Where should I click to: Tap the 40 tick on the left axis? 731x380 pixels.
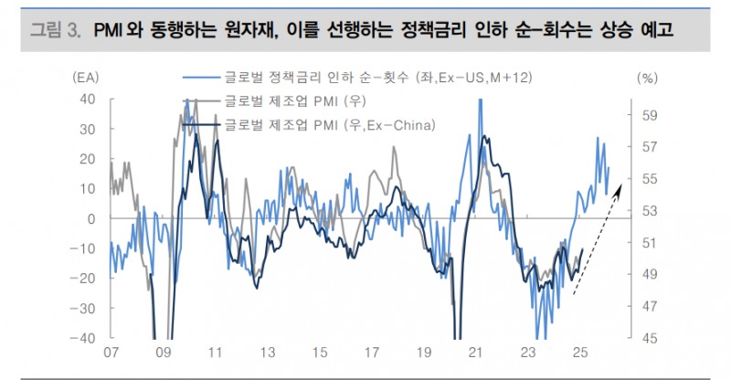(x=89, y=99)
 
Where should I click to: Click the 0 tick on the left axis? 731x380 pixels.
(x=93, y=218)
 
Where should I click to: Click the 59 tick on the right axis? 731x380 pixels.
(x=651, y=115)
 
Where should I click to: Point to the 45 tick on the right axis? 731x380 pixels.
(x=651, y=337)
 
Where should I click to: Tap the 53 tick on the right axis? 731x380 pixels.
(x=651, y=210)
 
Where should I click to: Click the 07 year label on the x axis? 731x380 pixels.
(x=111, y=353)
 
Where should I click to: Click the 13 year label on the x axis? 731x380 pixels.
(x=268, y=353)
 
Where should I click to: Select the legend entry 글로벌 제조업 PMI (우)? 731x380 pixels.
(x=291, y=101)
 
